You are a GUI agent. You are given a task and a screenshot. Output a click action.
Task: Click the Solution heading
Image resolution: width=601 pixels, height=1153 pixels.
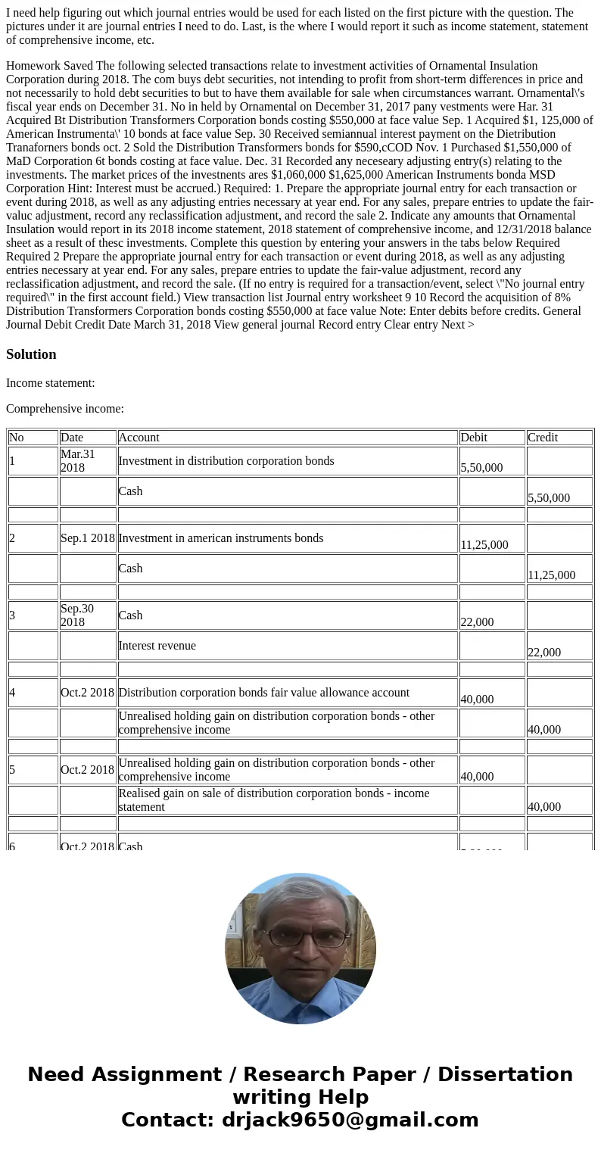(x=31, y=354)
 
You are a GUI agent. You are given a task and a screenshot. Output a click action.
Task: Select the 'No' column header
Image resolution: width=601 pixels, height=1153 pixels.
(x=17, y=438)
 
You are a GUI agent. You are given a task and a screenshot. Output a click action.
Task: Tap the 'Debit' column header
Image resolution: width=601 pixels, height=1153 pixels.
(x=475, y=438)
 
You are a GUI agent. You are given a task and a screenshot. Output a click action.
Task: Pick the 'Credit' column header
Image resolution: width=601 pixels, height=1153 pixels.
(x=543, y=438)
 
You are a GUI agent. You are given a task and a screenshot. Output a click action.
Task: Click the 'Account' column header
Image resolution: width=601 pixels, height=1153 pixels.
(x=139, y=438)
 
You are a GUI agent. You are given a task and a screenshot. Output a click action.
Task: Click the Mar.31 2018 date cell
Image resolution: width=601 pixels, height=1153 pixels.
(x=78, y=461)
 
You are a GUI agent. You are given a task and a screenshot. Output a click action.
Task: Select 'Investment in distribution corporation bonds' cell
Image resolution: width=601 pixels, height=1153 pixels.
(x=226, y=461)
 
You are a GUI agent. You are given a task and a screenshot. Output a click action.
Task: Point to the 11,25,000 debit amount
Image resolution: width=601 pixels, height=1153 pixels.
(x=484, y=544)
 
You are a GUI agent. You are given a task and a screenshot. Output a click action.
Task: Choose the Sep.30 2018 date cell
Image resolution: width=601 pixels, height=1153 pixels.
(x=78, y=615)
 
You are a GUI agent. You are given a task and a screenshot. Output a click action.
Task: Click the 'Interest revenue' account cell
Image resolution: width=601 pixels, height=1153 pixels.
(x=157, y=646)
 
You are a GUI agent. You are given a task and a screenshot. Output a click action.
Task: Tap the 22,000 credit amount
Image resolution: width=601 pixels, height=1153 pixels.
(x=544, y=653)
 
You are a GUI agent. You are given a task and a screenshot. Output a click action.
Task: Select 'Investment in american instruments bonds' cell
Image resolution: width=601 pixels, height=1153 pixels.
(x=221, y=538)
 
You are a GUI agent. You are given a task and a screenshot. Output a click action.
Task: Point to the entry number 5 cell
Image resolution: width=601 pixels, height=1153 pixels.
(x=13, y=770)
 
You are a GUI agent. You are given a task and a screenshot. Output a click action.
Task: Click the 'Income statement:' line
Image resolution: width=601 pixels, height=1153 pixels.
(x=51, y=383)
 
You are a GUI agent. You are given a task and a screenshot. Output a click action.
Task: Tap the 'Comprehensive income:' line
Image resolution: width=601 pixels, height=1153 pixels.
(x=65, y=409)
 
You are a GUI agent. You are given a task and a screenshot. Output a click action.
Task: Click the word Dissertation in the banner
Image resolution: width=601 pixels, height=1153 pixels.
(x=505, y=1075)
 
